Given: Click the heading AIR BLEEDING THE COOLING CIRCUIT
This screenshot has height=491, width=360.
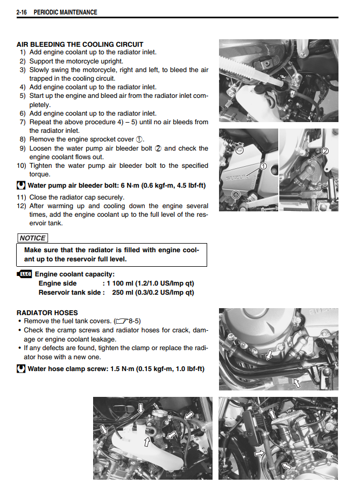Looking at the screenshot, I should click(x=80, y=44).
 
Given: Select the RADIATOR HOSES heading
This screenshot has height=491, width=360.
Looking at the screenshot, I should click(x=47, y=312).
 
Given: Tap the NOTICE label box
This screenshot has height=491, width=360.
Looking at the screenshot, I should click(x=33, y=238).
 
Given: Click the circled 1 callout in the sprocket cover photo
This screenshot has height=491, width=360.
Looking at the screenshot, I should click(x=263, y=166).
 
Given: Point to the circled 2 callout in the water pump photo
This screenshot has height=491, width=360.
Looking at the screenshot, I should click(x=324, y=151).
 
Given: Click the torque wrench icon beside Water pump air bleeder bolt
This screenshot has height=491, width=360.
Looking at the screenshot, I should click(x=21, y=186).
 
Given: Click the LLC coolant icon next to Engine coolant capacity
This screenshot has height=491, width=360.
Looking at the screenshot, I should click(x=25, y=274).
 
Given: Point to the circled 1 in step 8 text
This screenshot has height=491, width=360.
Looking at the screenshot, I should click(x=140, y=139).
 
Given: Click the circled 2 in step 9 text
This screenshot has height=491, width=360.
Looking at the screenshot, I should click(x=158, y=148).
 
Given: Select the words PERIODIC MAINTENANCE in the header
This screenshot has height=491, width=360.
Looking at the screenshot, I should click(x=65, y=12).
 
